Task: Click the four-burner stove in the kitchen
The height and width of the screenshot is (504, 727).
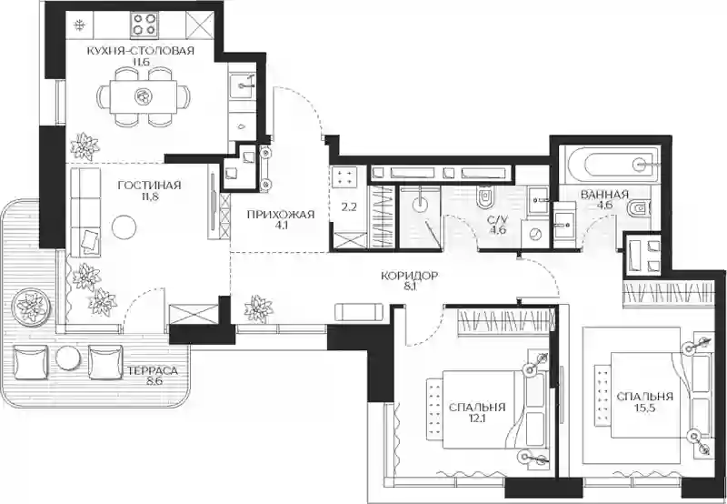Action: [x=144, y=25]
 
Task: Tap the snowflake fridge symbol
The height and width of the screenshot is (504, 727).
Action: [x=80, y=25]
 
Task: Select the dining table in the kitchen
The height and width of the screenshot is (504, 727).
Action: [x=144, y=96]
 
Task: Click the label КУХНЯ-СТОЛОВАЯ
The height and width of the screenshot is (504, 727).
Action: [x=141, y=51]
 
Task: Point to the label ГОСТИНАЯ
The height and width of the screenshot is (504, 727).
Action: [x=149, y=186]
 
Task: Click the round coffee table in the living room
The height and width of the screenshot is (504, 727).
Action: [x=124, y=227]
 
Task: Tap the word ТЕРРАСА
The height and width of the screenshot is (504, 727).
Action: [x=153, y=371]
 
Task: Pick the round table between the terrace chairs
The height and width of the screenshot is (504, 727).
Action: [x=68, y=358]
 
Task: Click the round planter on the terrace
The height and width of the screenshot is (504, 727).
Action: [x=31, y=306]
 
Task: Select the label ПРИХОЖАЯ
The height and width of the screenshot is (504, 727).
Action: [x=281, y=215]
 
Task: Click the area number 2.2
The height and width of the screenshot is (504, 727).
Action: [x=349, y=207]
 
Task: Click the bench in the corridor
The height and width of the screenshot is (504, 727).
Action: [x=359, y=311]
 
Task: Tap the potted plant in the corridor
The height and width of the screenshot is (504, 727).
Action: [x=258, y=308]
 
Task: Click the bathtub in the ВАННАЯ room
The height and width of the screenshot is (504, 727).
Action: [x=610, y=165]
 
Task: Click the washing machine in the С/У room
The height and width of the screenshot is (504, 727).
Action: [x=535, y=235]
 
